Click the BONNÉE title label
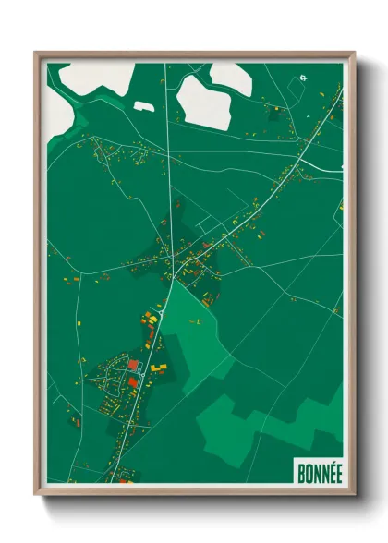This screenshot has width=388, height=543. (x=319, y=469)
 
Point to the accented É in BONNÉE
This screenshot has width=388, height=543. (x=337, y=468)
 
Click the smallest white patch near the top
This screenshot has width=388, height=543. (x=143, y=106)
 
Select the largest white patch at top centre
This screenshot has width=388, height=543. (x=203, y=102)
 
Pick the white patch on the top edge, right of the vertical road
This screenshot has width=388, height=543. (x=230, y=76)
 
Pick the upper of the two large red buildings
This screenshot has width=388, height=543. (x=133, y=365)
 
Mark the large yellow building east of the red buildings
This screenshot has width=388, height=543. (x=159, y=368)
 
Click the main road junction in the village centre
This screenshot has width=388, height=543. (x=173, y=275)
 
